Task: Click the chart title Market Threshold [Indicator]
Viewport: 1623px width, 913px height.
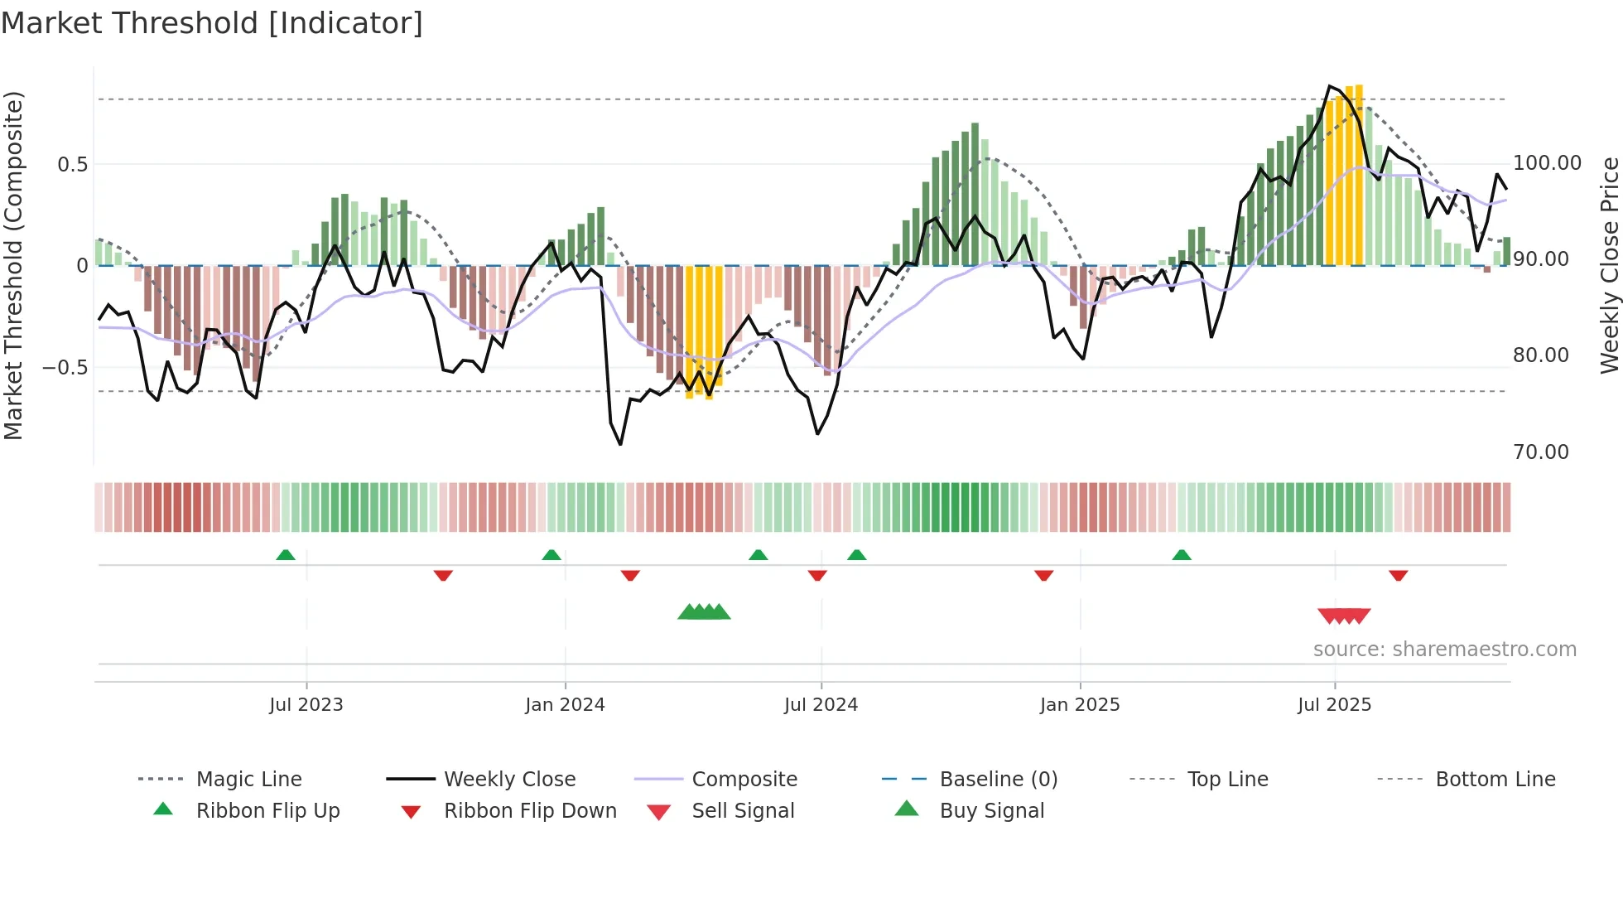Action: click(x=212, y=23)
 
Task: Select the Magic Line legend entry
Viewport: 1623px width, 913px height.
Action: click(x=248, y=779)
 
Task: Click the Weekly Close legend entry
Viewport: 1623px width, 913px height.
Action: click(x=509, y=779)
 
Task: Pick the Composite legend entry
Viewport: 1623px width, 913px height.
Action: click(x=744, y=779)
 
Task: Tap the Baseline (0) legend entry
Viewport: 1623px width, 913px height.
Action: click(x=998, y=779)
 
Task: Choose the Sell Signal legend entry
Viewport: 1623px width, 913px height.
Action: click(x=742, y=810)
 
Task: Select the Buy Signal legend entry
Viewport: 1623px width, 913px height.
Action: click(x=991, y=810)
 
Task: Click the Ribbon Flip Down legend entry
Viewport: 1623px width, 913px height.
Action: click(x=530, y=810)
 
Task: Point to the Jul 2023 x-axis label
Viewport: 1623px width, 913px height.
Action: click(x=306, y=704)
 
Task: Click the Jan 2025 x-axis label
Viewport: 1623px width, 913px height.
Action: click(x=1080, y=704)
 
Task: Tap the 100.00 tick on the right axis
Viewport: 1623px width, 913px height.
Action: click(x=1547, y=163)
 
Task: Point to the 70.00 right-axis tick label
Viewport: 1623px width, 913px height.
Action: click(x=1540, y=452)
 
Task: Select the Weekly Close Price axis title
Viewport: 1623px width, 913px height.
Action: click(x=1608, y=265)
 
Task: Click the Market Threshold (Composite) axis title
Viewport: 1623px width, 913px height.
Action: click(x=13, y=265)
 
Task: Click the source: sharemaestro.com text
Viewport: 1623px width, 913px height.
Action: click(x=1444, y=650)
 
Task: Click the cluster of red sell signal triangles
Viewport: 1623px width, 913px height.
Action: click(x=1344, y=616)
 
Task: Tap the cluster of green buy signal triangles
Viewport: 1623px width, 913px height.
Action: click(x=704, y=612)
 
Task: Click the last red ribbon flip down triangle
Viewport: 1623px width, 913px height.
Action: click(x=1398, y=575)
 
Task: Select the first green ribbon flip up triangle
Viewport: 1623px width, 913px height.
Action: click(x=285, y=554)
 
